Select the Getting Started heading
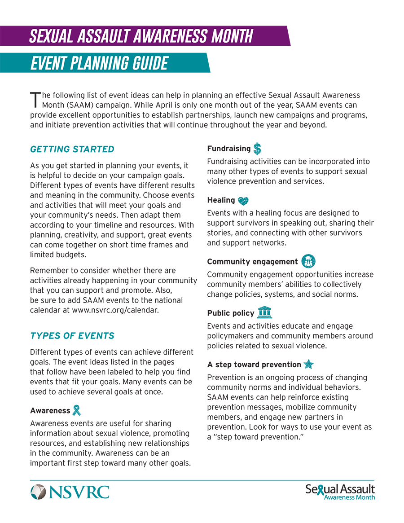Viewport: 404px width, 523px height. pyautogui.click(x=72, y=149)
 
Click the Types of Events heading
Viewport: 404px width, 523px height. pyautogui.click(x=72, y=336)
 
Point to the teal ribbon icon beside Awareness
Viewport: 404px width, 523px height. pyautogui.click(x=77, y=410)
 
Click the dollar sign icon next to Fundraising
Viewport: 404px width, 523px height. pyautogui.click(x=257, y=149)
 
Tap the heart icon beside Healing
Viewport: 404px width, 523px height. pyautogui.click(x=243, y=201)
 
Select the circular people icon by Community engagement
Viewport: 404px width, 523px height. pyautogui.click(x=308, y=261)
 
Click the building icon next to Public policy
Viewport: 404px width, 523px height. pyautogui.click(x=265, y=312)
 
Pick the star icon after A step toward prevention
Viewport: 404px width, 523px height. pyautogui.click(x=308, y=364)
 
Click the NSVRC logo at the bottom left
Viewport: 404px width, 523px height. pyautogui.click(x=70, y=492)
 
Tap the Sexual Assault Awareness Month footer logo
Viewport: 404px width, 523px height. pyautogui.click(x=340, y=491)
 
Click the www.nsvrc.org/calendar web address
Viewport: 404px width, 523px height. pyautogui.click(x=115, y=310)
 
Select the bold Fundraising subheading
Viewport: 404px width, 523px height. pyautogui.click(x=228, y=149)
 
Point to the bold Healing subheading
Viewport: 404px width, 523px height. pyautogui.click(x=221, y=200)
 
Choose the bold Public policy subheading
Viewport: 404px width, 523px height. pyautogui.click(x=230, y=313)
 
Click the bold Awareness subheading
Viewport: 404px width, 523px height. pyautogui.click(x=50, y=410)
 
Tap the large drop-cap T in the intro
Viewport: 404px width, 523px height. pyautogui.click(x=35, y=100)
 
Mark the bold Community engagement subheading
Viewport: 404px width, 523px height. pyautogui.click(x=252, y=261)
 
